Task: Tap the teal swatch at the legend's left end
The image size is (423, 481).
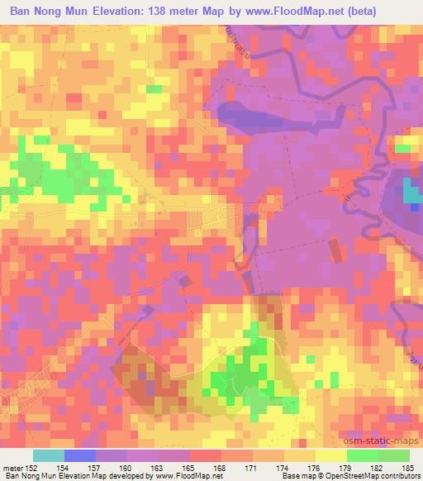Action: [x=49, y=455]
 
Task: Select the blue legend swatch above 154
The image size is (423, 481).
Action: [x=80, y=455]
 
